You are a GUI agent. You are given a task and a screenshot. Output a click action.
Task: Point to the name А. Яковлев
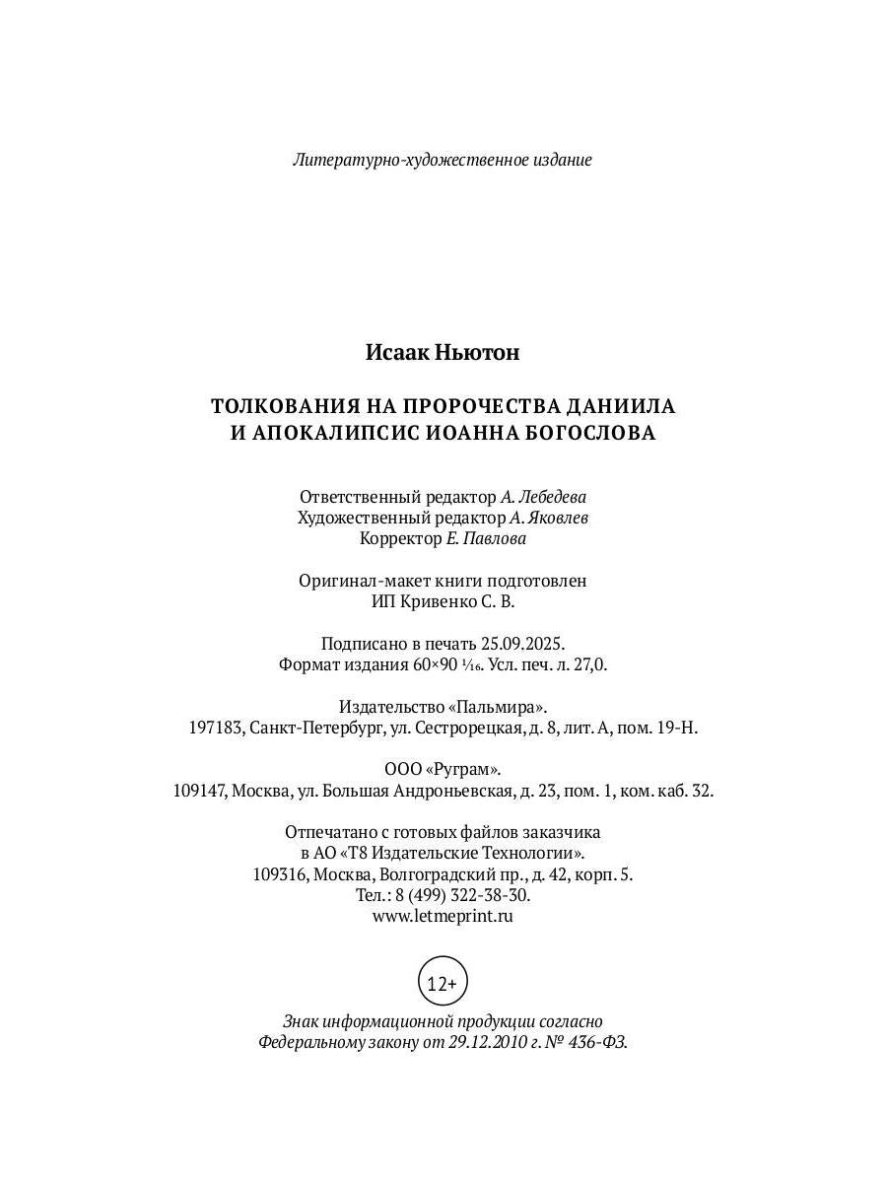pyautogui.click(x=550, y=518)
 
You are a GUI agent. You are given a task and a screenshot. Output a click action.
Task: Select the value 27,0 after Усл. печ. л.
pyautogui.click(x=592, y=664)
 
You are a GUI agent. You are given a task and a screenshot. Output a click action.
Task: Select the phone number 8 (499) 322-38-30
pyautogui.click(x=462, y=895)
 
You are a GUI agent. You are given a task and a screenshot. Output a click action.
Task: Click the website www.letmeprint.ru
pyautogui.click(x=443, y=916)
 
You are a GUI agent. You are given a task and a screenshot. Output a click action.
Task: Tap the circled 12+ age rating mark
pyautogui.click(x=443, y=982)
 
